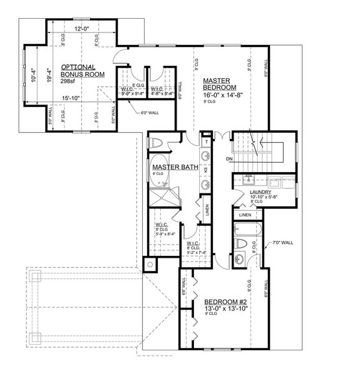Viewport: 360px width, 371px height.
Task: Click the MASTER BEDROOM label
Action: (218, 84)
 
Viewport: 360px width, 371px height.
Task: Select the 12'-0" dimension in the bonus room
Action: (81, 29)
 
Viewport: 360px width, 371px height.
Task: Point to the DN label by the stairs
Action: (230, 160)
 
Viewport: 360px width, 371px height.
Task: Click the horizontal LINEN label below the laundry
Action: (245, 216)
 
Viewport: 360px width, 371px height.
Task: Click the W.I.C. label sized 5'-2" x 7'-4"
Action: (192, 243)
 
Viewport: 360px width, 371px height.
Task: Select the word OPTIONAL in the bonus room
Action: (78, 67)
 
